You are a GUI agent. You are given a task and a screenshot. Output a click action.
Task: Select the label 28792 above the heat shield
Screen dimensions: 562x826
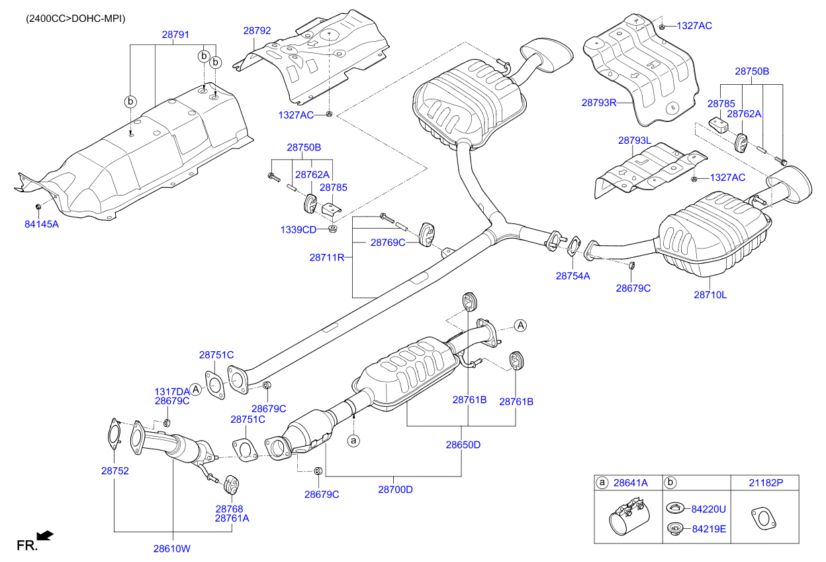click(257, 30)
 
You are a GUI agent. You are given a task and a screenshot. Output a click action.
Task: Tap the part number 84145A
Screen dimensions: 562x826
click(42, 224)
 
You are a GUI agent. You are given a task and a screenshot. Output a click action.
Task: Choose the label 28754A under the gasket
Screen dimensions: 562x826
click(573, 276)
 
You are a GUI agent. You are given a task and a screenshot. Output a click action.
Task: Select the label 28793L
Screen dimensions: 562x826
click(635, 140)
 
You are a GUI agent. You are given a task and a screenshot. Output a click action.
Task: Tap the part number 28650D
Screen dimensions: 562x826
click(463, 445)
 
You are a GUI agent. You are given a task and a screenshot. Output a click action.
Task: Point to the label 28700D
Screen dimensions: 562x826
click(395, 490)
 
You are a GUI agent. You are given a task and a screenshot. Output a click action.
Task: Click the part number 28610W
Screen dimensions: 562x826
click(172, 549)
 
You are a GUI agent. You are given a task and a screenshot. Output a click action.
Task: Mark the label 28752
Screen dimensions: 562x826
click(115, 471)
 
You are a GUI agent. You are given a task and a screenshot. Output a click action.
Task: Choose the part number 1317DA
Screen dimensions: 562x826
click(172, 391)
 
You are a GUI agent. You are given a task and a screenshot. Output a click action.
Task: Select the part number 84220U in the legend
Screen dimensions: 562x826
click(709, 509)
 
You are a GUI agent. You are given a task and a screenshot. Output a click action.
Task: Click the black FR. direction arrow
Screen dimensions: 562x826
click(45, 535)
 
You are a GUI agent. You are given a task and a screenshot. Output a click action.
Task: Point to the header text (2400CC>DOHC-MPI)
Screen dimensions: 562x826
click(75, 19)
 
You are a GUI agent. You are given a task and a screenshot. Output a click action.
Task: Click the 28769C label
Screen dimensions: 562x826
click(388, 243)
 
